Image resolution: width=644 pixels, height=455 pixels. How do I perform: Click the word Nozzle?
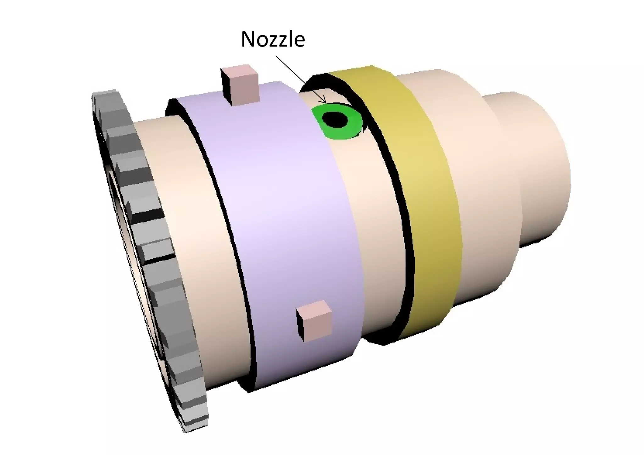click(x=273, y=40)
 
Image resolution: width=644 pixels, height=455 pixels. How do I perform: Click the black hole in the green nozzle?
click(x=336, y=119)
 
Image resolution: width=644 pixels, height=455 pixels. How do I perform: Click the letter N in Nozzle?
click(x=248, y=40)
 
